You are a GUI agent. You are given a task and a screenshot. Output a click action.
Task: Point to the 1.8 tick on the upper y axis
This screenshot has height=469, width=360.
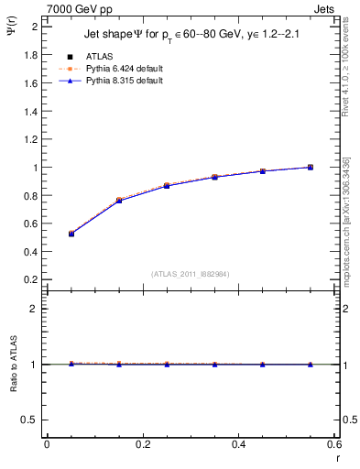[29, 55]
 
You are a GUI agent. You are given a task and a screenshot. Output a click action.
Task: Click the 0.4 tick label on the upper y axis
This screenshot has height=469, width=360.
[29, 252]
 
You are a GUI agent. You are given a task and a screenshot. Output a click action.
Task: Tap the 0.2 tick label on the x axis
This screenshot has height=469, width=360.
[142, 444]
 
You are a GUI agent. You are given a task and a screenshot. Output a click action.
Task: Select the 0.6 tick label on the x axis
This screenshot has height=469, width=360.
[333, 444]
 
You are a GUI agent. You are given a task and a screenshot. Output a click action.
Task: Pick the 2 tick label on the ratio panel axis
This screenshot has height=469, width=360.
[34, 309]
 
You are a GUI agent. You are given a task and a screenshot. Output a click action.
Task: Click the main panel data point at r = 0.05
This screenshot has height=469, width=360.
[71, 234]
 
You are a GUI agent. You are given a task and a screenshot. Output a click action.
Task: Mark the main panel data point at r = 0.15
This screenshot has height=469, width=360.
[119, 200]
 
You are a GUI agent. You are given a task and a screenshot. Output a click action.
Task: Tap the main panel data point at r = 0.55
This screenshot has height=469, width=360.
[311, 167]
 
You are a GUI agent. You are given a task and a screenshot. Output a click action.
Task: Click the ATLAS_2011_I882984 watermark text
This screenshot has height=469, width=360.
[191, 273]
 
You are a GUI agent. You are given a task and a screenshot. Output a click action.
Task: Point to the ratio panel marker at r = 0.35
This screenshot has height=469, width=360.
[214, 364]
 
